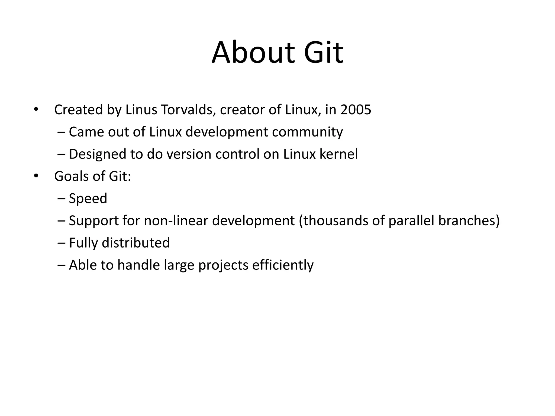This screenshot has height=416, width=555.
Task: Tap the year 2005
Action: (356, 110)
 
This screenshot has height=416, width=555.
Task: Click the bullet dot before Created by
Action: (36, 110)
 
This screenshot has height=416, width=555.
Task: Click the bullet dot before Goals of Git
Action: (36, 176)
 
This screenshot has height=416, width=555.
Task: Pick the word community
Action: (307, 132)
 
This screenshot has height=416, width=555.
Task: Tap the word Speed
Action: (88, 199)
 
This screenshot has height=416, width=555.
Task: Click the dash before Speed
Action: (62, 199)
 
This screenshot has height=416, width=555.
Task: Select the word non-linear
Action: (176, 221)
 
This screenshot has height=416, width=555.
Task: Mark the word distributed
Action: (135, 243)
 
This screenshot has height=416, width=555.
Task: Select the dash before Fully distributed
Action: (62, 243)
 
